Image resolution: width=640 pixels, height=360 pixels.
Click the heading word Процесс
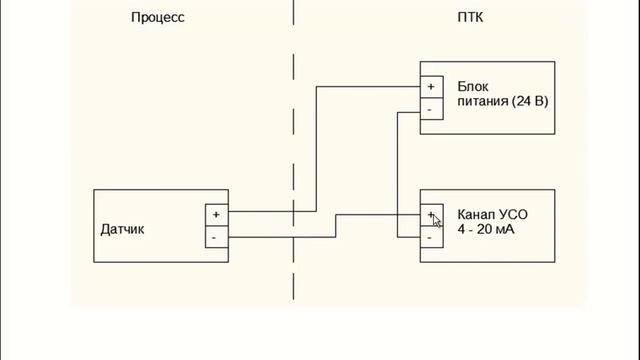tap(158, 18)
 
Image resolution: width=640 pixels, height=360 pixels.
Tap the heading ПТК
tap(470, 17)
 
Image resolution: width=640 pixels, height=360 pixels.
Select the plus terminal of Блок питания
tap(431, 87)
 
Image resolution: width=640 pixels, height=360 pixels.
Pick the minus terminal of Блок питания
tap(431, 109)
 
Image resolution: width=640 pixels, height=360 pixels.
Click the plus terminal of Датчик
tap(216, 215)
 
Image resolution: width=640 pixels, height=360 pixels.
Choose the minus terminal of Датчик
tap(216, 237)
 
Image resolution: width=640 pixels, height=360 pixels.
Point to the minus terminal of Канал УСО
tap(431, 237)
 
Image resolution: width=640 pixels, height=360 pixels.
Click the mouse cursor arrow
tap(436, 220)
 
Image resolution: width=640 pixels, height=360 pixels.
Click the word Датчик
tap(122, 229)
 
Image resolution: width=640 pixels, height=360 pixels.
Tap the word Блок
tap(473, 87)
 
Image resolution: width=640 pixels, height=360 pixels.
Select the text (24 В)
tap(530, 101)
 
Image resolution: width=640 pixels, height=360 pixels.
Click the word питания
tap(483, 101)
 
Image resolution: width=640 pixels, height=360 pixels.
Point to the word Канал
tap(475, 215)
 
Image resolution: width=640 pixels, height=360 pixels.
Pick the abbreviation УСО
tap(512, 215)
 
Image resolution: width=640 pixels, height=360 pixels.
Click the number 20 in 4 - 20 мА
tap(484, 229)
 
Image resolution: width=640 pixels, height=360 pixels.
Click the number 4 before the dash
tap(461, 229)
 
